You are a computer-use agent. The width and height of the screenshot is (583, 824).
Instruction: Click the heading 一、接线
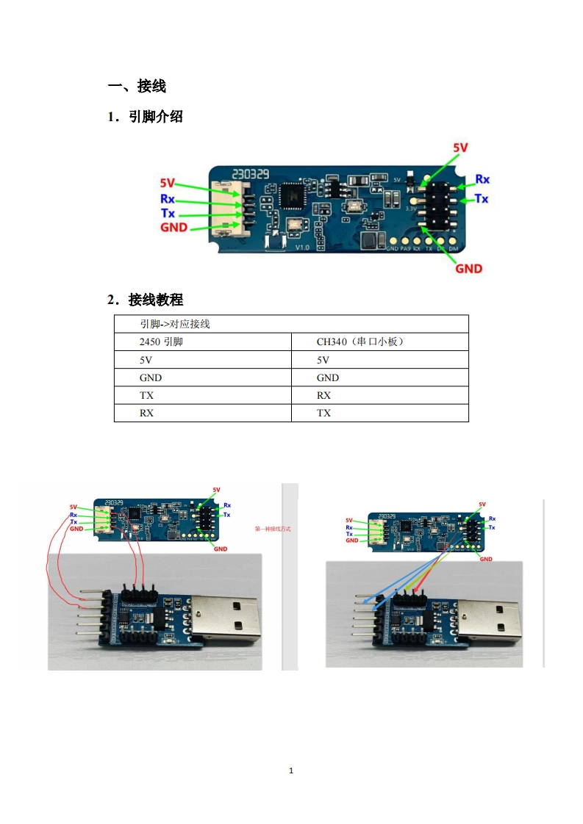coord(137,87)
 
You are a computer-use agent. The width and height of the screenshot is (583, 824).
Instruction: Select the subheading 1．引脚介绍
coord(145,116)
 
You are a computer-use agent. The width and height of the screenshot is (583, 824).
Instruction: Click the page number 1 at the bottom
coord(292,770)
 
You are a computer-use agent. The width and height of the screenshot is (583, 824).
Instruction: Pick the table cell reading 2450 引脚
coord(161,342)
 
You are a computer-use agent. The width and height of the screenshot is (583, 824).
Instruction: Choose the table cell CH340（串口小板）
coord(361,342)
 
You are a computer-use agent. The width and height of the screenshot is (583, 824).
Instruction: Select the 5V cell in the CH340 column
coord(323,360)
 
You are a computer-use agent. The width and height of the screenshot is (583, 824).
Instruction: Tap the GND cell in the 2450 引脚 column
coord(151,377)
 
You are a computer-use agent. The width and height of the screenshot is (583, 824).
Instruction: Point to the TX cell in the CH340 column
coord(323,413)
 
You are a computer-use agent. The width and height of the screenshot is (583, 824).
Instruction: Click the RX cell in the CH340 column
coord(323,395)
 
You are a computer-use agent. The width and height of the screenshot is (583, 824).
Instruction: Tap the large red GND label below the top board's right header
coord(468,268)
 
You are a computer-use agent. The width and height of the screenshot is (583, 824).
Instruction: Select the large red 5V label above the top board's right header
coord(460,148)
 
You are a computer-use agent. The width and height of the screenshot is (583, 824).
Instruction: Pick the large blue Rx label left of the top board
coord(168,198)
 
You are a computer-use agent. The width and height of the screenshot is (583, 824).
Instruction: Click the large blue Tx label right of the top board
coord(482,198)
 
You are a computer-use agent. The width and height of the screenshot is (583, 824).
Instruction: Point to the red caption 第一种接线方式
coord(273,529)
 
